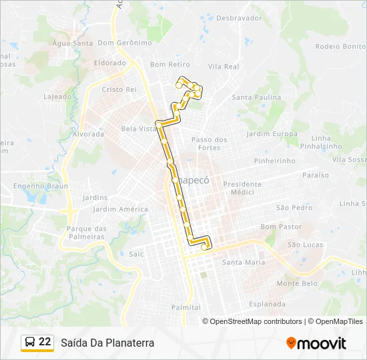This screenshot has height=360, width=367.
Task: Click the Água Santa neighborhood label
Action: (x=73, y=43)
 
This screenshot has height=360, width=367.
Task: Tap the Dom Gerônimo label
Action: (x=125, y=43)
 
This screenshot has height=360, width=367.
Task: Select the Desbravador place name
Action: (x=239, y=18)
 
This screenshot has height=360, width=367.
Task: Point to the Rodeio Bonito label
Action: (x=340, y=47)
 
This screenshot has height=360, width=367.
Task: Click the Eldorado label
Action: (x=110, y=63)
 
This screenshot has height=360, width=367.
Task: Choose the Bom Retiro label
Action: (x=169, y=65)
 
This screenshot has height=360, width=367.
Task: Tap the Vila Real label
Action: (x=224, y=67)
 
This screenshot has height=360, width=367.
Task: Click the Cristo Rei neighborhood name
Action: (x=119, y=89)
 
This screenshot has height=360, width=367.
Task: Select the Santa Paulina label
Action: (x=256, y=97)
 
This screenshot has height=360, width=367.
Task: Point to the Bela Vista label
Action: (x=137, y=129)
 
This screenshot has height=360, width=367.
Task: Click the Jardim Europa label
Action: (x=272, y=134)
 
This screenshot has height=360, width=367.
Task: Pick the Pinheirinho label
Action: (x=274, y=161)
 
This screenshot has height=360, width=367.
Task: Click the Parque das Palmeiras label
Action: (x=87, y=233)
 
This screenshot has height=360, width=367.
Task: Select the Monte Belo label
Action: (x=297, y=283)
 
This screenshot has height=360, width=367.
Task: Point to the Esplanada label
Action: (x=267, y=304)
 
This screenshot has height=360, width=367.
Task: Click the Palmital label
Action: (x=186, y=307)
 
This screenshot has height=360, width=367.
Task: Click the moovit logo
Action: (x=316, y=343)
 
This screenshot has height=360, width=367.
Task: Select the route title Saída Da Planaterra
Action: (x=107, y=343)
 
